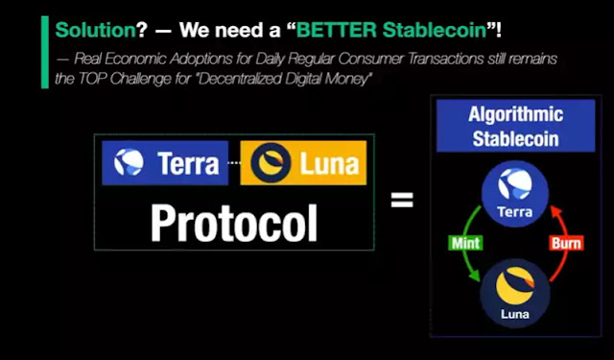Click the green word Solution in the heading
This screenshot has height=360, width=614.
96,30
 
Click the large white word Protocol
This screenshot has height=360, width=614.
234,224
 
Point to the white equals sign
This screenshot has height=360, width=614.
402,200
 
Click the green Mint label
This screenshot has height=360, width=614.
465,243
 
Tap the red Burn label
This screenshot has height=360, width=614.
566,243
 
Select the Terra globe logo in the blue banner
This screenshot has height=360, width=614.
129,162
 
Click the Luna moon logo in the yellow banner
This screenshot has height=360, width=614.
271,162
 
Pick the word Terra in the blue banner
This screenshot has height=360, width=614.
188,163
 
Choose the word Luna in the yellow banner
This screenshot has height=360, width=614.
329,164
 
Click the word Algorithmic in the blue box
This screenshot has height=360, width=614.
516,114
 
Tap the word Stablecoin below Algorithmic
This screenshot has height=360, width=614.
516,138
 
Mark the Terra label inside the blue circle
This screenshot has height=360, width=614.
515,212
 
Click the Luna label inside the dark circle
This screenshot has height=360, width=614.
515,314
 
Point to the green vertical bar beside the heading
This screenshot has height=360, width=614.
45,52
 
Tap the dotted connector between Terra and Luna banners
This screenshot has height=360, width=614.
234,163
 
